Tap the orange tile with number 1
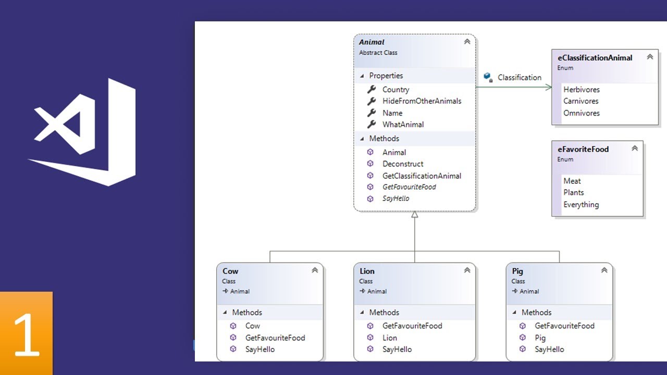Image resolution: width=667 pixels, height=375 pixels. pyautogui.click(x=26, y=333)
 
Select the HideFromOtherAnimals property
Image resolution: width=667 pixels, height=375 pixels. pyautogui.click(x=422, y=101)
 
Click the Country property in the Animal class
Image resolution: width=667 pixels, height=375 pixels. pyautogui.click(x=396, y=90)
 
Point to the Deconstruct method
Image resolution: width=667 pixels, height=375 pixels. pyautogui.click(x=403, y=164)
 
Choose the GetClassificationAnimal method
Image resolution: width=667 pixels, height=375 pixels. pyautogui.click(x=422, y=176)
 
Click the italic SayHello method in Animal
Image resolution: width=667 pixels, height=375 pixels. pyautogui.click(x=396, y=198)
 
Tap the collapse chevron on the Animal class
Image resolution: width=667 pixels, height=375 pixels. pyautogui.click(x=467, y=42)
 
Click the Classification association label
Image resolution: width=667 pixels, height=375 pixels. pyautogui.click(x=519, y=78)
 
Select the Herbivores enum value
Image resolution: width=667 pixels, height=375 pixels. pyautogui.click(x=581, y=90)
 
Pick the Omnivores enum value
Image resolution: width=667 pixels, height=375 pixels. pyautogui.click(x=581, y=113)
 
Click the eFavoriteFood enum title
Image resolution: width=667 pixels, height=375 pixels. pyautogui.click(x=583, y=149)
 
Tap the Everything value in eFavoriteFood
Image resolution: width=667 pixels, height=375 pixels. pyautogui.click(x=580, y=205)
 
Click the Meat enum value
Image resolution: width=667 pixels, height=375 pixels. pyautogui.click(x=572, y=181)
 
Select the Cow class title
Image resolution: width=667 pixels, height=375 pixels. pyautogui.click(x=230, y=271)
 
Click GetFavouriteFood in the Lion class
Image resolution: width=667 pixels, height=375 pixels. pyautogui.click(x=412, y=326)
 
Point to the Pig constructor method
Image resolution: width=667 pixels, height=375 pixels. pyautogui.click(x=540, y=337)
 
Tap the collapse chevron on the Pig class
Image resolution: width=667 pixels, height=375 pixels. pyautogui.click(x=604, y=270)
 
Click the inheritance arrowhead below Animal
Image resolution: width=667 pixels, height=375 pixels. pyautogui.click(x=415, y=215)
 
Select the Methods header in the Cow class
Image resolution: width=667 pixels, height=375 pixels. pyautogui.click(x=247, y=312)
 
